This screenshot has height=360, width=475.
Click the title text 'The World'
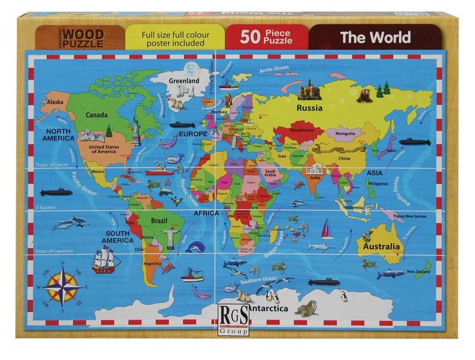(375, 37)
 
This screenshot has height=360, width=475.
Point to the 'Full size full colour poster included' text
(175, 38)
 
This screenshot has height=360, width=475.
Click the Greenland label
(184, 80)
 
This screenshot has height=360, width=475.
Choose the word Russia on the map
(309, 109)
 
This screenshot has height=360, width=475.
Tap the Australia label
(379, 247)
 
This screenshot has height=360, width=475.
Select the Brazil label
(159, 221)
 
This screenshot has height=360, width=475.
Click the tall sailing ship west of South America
(106, 259)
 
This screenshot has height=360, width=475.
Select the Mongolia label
(345, 133)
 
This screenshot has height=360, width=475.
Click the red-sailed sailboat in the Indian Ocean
(326, 229)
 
